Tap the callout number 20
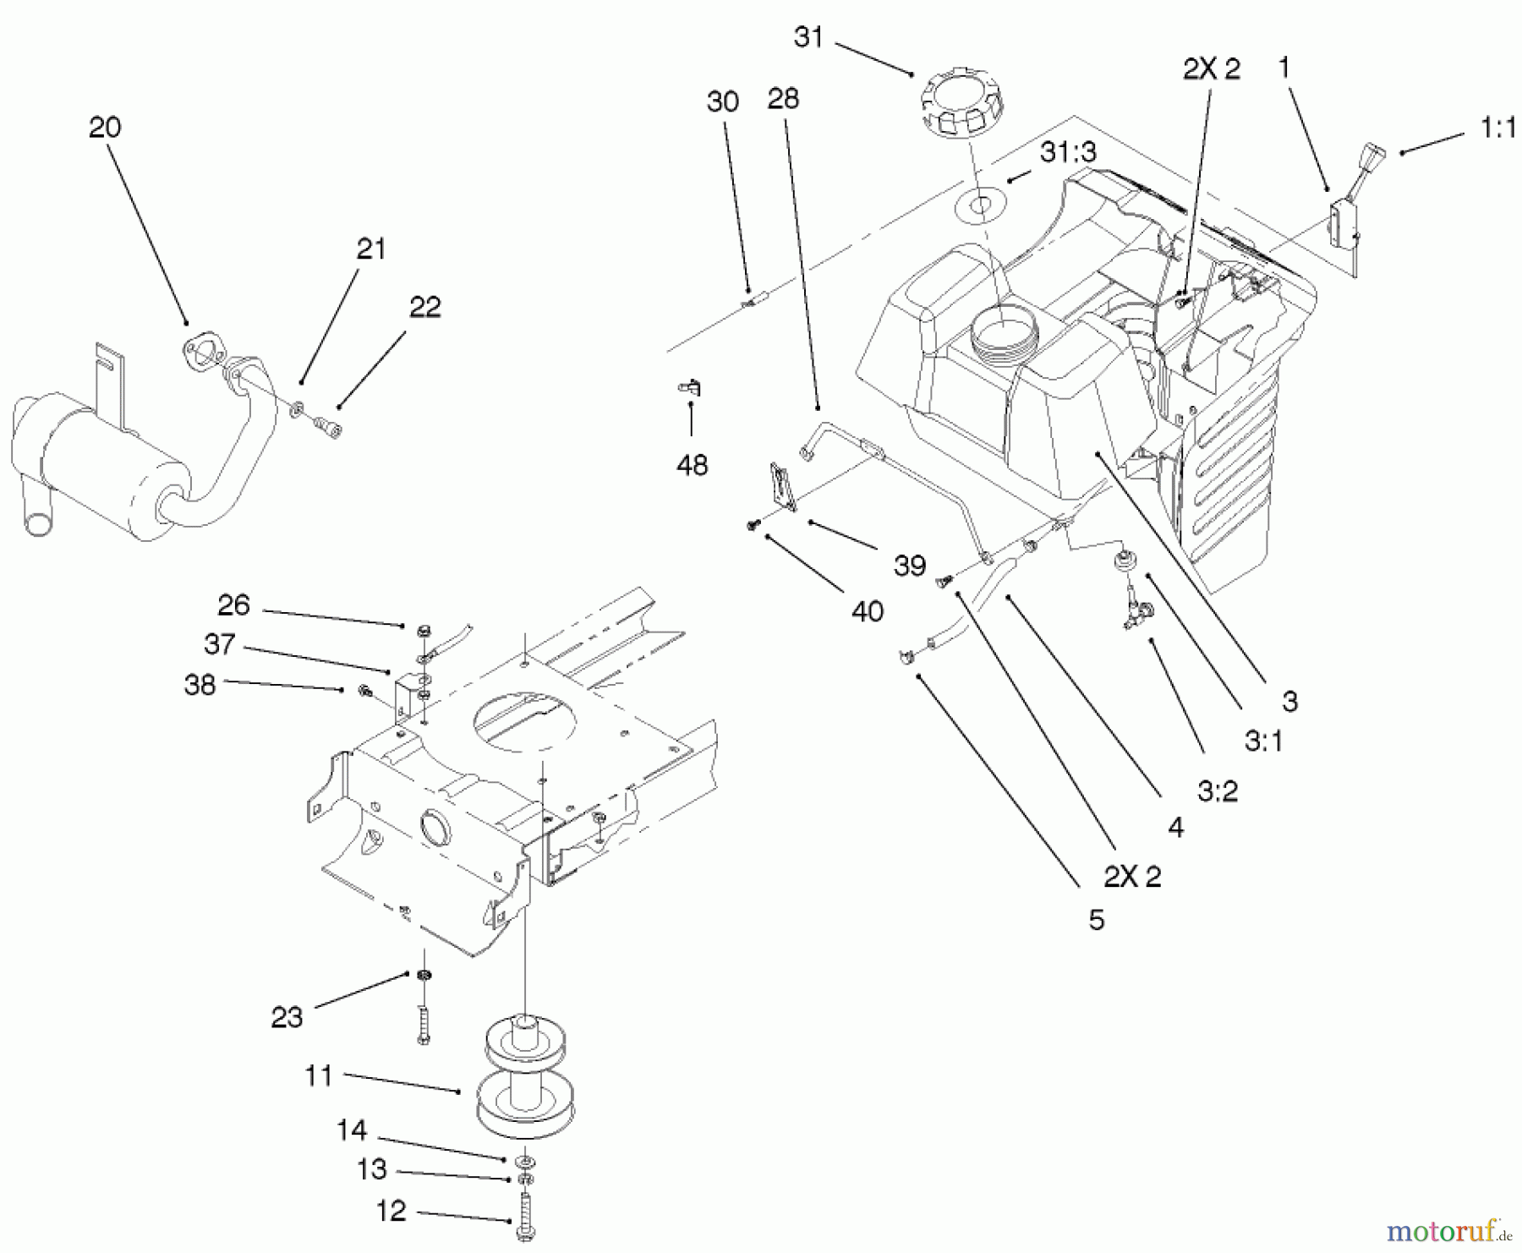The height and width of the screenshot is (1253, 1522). [x=105, y=128]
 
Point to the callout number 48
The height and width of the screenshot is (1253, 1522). [x=692, y=465]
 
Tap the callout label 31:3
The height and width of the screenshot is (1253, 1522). [x=1068, y=152]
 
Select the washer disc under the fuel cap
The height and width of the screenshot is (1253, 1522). [x=981, y=205]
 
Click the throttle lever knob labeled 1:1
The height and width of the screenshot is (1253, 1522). [x=1373, y=158]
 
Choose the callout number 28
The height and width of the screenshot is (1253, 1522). [x=782, y=99]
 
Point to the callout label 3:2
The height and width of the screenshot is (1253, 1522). [x=1217, y=791]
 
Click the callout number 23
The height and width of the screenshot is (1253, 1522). [x=287, y=1017]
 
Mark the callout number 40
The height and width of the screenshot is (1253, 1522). [x=867, y=611]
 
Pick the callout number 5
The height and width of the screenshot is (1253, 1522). [x=1096, y=920]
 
